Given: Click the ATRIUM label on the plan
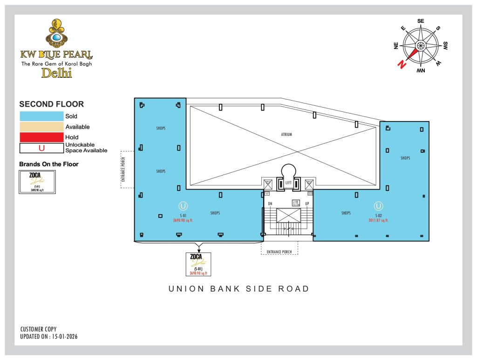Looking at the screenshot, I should click(x=286, y=135).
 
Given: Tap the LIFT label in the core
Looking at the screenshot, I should click(x=288, y=183).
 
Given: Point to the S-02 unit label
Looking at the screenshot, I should click(x=378, y=216).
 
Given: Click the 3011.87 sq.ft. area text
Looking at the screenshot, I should click(x=378, y=220).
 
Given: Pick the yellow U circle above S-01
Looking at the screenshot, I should click(x=184, y=205).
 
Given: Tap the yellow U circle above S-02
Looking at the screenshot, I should click(x=378, y=205).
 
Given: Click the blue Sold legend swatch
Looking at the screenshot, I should click(x=41, y=116).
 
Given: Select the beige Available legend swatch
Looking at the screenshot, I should click(x=41, y=127).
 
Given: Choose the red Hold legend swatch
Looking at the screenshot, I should click(x=41, y=137).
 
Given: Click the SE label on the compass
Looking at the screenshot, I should click(x=421, y=21).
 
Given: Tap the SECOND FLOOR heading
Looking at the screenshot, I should click(x=51, y=104).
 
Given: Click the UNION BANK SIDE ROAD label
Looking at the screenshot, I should click(x=239, y=289).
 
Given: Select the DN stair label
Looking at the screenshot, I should click(x=270, y=204).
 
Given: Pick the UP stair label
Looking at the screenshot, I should click(x=307, y=204).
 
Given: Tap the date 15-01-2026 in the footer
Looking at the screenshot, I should click(x=62, y=336).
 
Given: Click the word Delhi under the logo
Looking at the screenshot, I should click(x=57, y=73).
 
